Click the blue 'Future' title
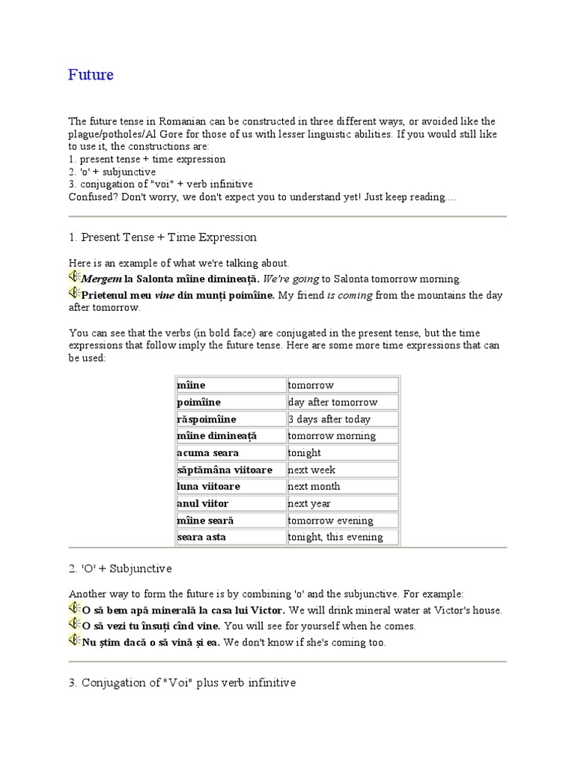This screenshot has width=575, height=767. tap(91, 75)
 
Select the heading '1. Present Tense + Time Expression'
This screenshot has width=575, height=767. tap(162, 237)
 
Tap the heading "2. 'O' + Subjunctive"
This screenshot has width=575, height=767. tap(121, 569)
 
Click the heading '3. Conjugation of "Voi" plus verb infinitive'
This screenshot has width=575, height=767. tap(182, 683)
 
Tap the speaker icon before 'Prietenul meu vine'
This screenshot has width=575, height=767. tap(74, 294)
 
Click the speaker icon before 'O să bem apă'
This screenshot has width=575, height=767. tap(74, 609)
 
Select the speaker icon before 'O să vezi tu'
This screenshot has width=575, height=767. tap(74, 625)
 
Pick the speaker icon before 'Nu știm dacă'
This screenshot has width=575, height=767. tap(74, 641)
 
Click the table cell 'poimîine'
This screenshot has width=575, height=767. tap(198, 402)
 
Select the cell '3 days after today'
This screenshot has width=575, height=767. tap(329, 419)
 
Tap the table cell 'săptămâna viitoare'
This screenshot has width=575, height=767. tap(224, 470)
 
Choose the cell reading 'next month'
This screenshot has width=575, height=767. tap(314, 487)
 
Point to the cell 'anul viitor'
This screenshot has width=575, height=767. tap(202, 503)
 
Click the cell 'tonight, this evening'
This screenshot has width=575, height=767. tap(335, 537)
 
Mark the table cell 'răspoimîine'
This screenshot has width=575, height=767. tap(206, 419)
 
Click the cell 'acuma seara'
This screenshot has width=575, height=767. tap(207, 453)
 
